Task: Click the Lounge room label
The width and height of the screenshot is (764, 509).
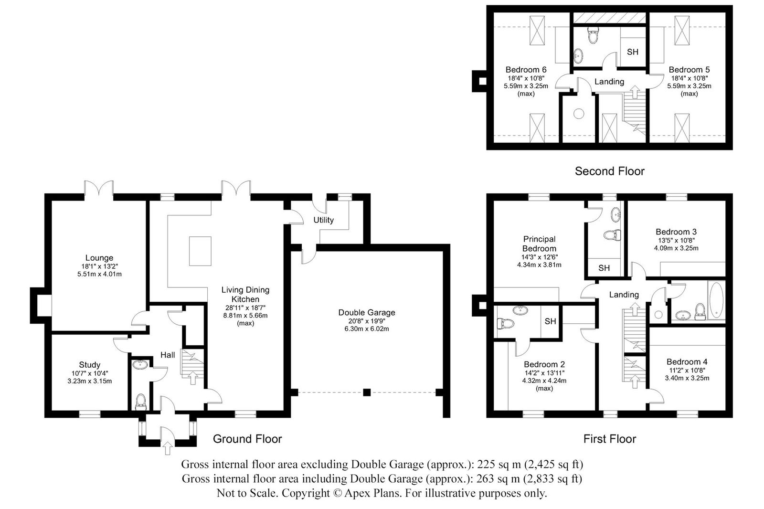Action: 99,258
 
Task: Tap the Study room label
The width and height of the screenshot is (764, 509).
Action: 89,365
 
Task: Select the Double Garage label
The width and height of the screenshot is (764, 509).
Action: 367,313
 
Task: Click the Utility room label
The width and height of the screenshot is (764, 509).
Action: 323,220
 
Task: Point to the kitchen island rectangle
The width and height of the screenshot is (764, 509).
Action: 201,251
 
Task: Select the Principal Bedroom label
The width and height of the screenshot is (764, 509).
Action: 539,244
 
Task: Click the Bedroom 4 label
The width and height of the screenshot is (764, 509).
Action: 687,362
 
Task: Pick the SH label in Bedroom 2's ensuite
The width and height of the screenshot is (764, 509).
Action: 550,321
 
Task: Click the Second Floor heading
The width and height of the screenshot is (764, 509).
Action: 609,171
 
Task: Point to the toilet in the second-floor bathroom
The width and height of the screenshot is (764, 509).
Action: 593,36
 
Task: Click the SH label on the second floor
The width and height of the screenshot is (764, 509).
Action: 632,52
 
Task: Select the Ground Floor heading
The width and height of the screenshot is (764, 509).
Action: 247,439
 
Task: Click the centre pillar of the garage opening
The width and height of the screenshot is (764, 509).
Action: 366,392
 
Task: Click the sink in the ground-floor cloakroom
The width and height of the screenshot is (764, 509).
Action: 139,365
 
